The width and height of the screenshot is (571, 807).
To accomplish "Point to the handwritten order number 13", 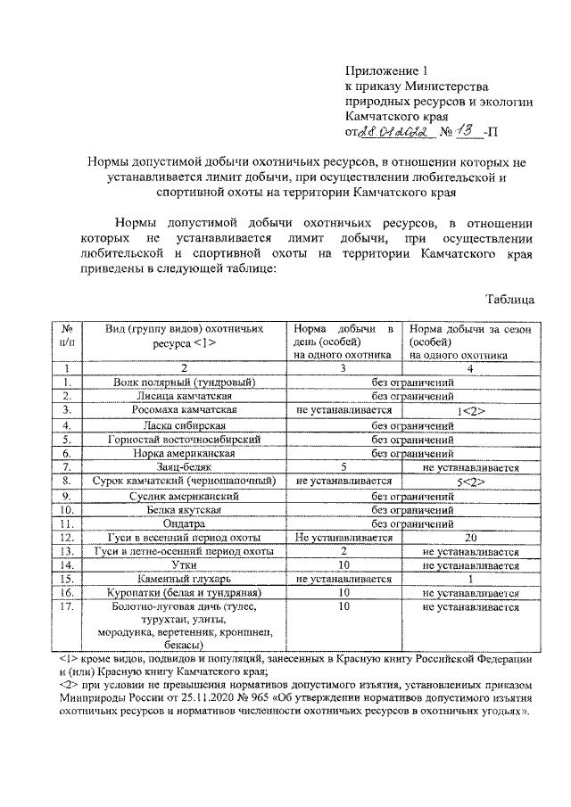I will click(x=466, y=131).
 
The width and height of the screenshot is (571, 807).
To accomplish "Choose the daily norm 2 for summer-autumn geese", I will click(x=343, y=552).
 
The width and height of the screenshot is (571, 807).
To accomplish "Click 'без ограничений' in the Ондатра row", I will click(x=413, y=523).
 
